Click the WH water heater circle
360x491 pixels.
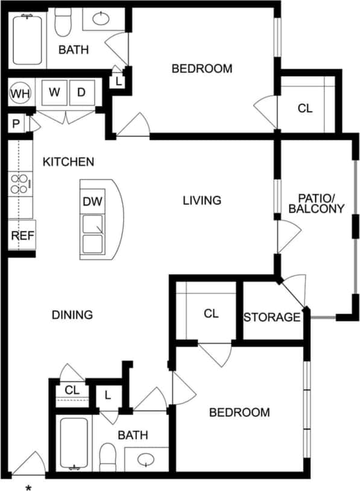tap(20, 93)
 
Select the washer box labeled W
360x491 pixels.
tap(55, 93)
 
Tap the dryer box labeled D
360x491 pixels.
tap(81, 93)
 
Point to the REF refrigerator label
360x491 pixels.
tap(22, 235)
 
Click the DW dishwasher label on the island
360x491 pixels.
tap(92, 201)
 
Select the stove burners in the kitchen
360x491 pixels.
tap(21, 183)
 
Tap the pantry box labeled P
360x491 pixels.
tap(16, 124)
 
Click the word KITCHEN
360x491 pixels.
tap(68, 162)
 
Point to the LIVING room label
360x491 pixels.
tap(202, 200)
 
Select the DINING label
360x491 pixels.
tap(72, 314)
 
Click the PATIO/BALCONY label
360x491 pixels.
tap(316, 203)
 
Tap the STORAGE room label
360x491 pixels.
tap(272, 317)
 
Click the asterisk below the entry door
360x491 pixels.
tap(28, 486)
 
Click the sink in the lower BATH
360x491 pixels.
tap(146, 461)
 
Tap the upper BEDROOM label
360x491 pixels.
tap(202, 69)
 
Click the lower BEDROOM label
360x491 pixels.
tap(239, 413)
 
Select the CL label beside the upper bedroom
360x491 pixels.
tap(305, 109)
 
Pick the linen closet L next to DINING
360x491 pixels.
tap(108, 396)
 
